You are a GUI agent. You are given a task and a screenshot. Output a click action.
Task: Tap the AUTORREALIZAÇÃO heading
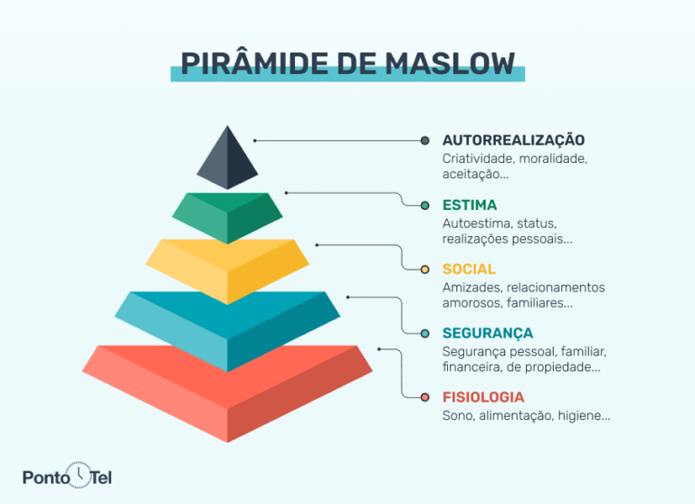point(513,140)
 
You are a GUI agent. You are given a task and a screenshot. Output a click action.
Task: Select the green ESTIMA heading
point(470,204)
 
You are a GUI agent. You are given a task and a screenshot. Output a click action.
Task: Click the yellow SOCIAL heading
point(469,269)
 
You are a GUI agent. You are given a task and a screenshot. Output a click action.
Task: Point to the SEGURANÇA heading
point(488,333)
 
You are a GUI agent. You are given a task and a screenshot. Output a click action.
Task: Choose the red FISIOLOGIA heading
point(483,397)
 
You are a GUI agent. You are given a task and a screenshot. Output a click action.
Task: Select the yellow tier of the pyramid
point(227,267)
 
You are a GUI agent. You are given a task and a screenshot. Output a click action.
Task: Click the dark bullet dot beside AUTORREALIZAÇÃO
point(425,140)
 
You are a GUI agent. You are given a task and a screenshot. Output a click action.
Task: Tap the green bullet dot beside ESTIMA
point(425,205)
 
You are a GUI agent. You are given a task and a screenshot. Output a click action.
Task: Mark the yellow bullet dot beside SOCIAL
point(425,269)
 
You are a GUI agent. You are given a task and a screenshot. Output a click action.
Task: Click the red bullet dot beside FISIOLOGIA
point(425,397)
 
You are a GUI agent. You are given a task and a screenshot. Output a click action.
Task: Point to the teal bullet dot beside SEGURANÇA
point(425,333)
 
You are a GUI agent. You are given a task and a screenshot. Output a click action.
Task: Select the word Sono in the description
point(458,416)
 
